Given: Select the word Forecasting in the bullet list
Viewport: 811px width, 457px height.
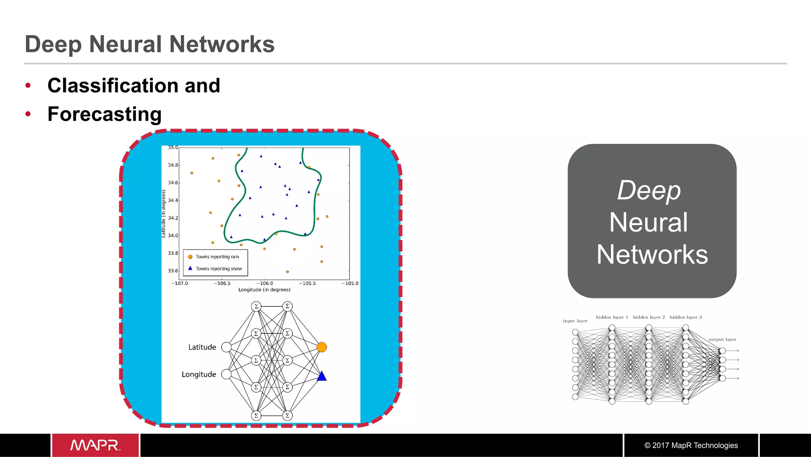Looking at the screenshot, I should pos(105,114).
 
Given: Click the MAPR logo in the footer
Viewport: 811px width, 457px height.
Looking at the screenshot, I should pos(95,445).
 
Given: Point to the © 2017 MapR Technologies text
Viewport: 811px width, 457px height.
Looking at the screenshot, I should pos(691,445).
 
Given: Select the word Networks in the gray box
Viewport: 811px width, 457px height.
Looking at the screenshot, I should pos(652,254).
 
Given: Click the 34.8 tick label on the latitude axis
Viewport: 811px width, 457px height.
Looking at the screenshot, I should pos(173,165).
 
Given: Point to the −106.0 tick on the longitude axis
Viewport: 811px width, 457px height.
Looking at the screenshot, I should pos(265,283).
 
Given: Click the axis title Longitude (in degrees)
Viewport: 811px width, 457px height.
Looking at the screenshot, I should pos(264,290).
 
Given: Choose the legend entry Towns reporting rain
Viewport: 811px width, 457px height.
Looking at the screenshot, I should pos(217,257).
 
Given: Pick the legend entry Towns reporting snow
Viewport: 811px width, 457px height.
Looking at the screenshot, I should pos(219,269).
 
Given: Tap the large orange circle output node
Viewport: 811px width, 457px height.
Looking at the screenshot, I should pos(322,347).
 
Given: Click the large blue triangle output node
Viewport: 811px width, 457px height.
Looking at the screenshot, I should pos(322,376).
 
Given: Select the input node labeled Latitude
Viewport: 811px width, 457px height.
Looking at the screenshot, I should pos(226,347).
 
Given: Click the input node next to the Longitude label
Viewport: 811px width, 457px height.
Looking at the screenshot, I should pos(226,374).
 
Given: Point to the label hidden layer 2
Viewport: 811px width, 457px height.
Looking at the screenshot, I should pos(649,317).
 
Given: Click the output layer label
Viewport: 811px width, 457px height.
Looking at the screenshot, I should pos(722,339).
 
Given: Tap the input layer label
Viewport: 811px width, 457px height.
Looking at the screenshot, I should pos(575,321).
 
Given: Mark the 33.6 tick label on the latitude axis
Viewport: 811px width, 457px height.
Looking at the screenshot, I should pos(173,271).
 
